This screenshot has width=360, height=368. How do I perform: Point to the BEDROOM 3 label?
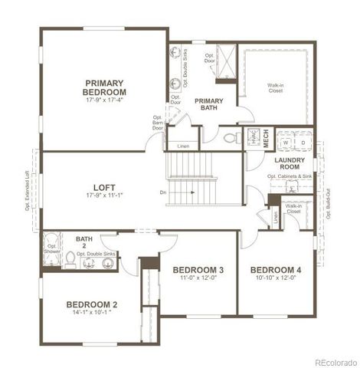tap(198, 271)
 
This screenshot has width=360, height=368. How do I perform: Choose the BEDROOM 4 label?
tap(276, 271)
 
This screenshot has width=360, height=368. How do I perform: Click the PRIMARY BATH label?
tap(208, 105)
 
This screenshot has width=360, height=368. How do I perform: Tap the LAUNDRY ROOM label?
tap(290, 163)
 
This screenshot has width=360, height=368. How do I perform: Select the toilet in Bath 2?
tap(70, 261)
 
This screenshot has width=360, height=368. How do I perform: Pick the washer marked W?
tap(286, 143)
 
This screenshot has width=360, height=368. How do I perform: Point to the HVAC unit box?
tap(251, 139)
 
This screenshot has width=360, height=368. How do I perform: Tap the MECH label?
tap(267, 139)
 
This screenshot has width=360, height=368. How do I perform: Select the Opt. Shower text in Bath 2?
tap(52, 249)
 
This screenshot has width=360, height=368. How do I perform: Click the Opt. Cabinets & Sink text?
tap(290, 176)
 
